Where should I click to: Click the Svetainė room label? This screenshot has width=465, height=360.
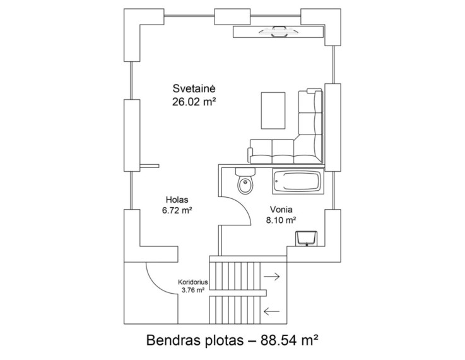[194, 88]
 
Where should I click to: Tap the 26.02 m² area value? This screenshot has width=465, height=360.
[194, 102]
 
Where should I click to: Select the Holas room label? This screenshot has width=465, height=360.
[177, 200]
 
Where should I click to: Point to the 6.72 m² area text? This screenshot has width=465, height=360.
[177, 210]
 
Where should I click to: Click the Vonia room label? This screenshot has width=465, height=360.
[281, 210]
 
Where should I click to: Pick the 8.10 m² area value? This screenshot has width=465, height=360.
[281, 220]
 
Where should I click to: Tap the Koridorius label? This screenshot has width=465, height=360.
[193, 282]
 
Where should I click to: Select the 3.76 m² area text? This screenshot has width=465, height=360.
[193, 290]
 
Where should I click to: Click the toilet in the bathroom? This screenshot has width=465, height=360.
[245, 181]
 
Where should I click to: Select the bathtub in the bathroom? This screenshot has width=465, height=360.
[298, 181]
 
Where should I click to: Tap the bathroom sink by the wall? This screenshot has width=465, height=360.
[307, 239]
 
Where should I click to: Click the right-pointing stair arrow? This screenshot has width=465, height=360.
[272, 277]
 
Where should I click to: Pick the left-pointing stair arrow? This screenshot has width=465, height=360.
[272, 311]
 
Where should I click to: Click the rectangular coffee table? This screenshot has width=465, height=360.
[273, 111]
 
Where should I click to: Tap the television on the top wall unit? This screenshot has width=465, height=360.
[278, 32]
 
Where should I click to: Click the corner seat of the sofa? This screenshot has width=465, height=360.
[308, 149]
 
